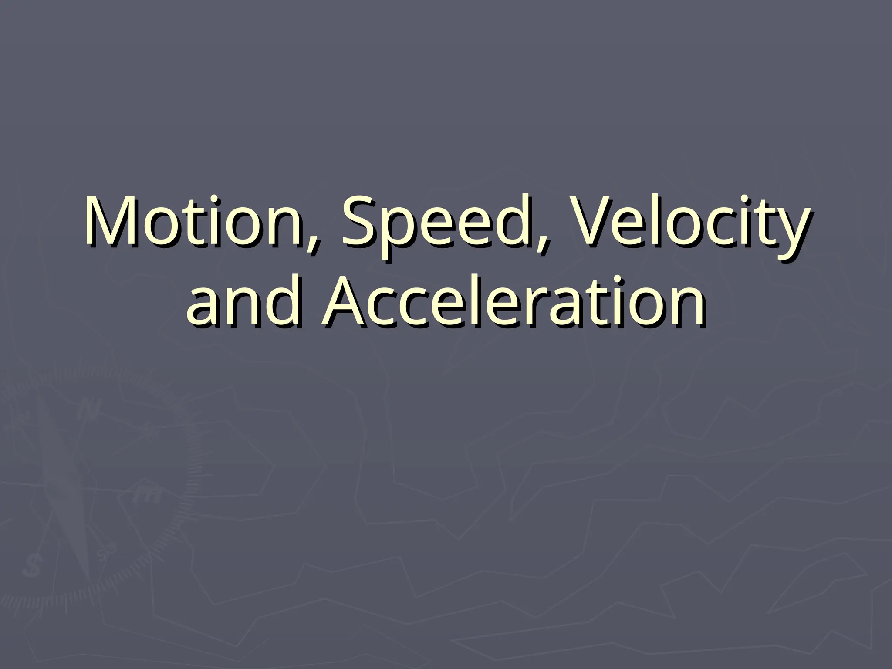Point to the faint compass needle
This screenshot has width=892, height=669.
65,488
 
